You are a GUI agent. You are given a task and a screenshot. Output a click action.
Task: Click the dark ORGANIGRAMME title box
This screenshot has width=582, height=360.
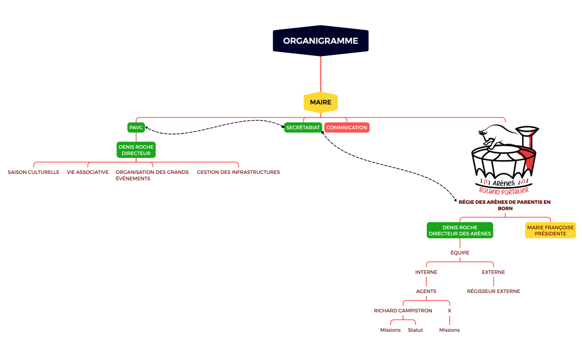click(320, 41)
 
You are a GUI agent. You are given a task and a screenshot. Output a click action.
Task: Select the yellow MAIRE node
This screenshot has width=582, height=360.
click(320, 102)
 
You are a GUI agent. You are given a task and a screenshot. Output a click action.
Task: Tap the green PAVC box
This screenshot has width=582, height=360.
click(136, 127)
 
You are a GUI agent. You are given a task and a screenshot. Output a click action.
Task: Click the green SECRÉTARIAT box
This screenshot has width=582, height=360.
click(303, 127)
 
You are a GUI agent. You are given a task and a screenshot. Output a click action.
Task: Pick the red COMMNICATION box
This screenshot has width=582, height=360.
click(346, 127)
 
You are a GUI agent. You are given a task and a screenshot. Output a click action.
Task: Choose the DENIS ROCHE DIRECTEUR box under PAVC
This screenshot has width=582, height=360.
click(136, 150)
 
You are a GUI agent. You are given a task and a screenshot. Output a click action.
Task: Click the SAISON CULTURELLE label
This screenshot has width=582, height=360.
click(33, 172)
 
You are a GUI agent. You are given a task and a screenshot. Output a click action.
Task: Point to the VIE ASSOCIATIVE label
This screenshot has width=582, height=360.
click(88, 172)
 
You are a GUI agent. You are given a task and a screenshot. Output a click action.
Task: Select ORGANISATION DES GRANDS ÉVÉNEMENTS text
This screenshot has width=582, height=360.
click(152, 175)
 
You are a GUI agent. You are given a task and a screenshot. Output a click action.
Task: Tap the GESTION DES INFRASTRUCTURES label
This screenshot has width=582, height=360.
click(238, 172)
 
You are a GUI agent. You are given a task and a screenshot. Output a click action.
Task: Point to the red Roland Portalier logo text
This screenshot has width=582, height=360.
click(504, 190)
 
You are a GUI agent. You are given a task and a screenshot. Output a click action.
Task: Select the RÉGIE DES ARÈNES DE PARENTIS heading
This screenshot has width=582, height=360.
click(504, 205)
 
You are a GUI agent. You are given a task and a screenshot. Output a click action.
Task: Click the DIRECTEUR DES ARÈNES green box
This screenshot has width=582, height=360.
click(460, 230)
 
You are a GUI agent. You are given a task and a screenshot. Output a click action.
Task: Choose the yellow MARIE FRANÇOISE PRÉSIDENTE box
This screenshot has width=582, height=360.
click(550, 230)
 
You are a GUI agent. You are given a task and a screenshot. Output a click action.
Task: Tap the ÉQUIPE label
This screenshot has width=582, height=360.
click(460, 253)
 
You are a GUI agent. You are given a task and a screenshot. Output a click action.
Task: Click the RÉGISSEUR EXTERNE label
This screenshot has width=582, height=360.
click(493, 291)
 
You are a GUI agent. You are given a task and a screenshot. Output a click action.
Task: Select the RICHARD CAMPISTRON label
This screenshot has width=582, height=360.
click(403, 311)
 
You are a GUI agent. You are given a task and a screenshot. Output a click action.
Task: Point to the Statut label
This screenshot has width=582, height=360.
click(415, 330)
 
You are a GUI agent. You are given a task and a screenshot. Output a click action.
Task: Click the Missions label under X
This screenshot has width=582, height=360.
click(449, 330)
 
